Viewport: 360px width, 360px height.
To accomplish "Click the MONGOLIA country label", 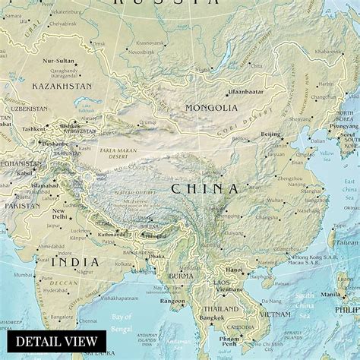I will pos(211,108).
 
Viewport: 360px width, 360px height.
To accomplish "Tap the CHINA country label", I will pos(204,188).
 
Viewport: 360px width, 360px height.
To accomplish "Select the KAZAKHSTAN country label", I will pos(61,87).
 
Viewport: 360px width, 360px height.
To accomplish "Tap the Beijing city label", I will pos(271,134).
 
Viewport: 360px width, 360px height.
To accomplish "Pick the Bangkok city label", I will pos(212,317).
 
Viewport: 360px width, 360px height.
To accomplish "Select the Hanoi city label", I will pos(235,268).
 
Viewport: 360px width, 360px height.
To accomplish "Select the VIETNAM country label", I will pos(274,314).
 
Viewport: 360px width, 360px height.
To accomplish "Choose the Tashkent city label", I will pos(33,129).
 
